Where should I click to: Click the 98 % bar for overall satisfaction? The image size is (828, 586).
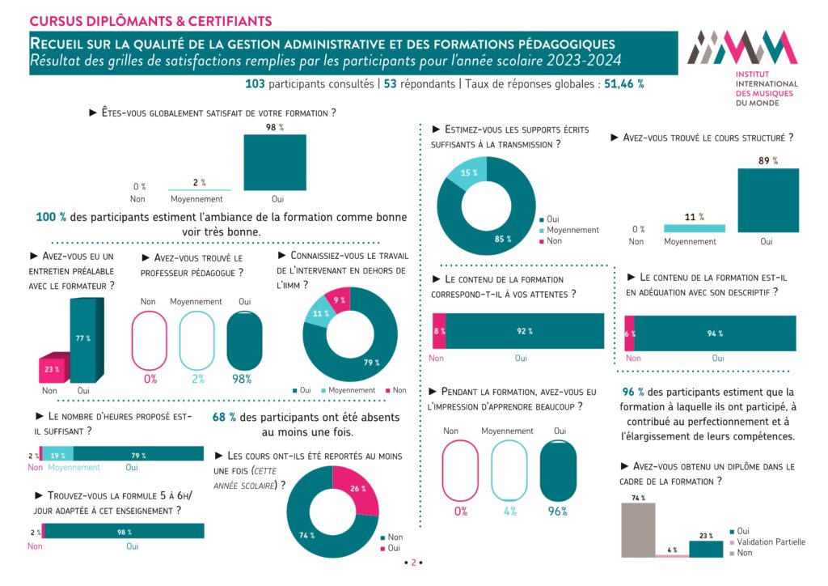click(x=275, y=162)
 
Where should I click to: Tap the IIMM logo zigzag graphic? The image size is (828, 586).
click(x=741, y=48)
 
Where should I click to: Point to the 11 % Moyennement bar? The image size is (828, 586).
click(x=694, y=228)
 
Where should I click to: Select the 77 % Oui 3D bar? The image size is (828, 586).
click(x=84, y=340)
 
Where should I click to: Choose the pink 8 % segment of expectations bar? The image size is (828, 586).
click(x=439, y=331)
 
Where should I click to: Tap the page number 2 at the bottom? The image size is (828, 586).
click(x=413, y=563)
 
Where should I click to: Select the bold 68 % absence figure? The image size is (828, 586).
click(x=224, y=418)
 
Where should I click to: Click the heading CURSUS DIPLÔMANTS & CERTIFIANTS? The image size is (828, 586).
click(x=150, y=20)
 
